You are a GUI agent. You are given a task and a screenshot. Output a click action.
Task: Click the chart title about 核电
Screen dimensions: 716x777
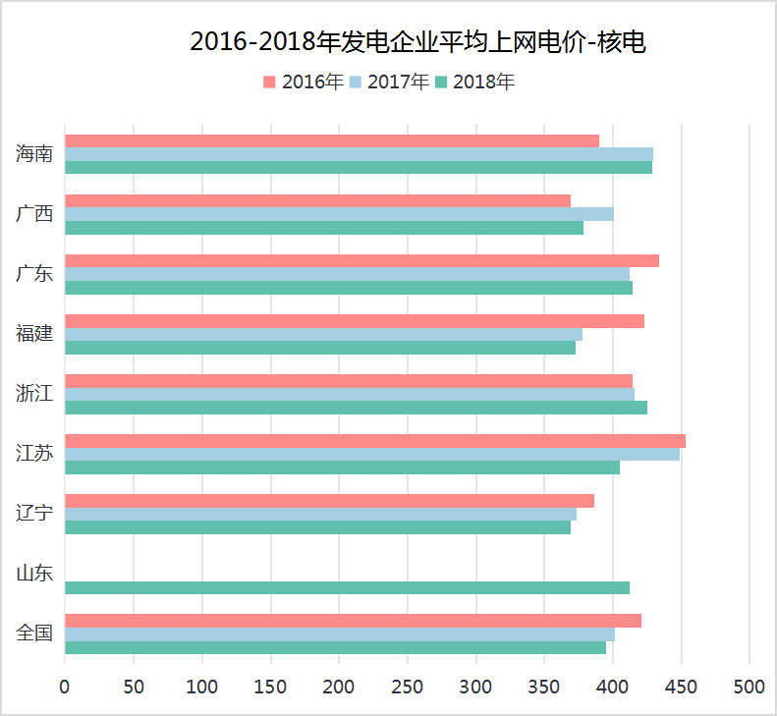(x=417, y=41)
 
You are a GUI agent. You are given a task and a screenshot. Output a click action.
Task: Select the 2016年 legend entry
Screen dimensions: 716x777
(x=305, y=83)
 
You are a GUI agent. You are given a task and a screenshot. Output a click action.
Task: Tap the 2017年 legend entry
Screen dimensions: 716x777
(x=390, y=83)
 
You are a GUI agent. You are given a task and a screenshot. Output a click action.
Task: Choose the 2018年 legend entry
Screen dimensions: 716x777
(x=475, y=83)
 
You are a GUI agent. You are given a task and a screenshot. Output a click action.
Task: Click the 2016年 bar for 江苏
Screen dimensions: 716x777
(x=374, y=441)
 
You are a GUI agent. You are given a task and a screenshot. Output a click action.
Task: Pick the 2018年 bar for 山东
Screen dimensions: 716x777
(x=347, y=587)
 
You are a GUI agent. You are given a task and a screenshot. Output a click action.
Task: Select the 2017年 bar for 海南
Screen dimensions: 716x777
(x=359, y=154)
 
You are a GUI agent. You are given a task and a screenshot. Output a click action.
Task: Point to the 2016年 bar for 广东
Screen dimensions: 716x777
(x=361, y=261)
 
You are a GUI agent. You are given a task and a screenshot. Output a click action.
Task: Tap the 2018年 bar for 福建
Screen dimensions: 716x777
(x=319, y=348)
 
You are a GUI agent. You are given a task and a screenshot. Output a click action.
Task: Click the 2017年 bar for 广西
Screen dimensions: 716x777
(x=339, y=214)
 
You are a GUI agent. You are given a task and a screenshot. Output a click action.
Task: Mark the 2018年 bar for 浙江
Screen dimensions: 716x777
(x=356, y=408)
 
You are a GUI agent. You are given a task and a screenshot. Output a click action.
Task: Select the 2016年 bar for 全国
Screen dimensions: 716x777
(x=353, y=621)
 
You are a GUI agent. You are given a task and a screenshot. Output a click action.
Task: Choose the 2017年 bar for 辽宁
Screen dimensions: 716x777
(x=320, y=514)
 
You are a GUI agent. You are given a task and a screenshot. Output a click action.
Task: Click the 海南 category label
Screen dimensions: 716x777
(x=34, y=154)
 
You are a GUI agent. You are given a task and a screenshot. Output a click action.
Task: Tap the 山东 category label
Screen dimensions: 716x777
(x=34, y=574)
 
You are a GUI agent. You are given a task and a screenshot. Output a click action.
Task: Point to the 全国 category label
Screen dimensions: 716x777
(x=34, y=633)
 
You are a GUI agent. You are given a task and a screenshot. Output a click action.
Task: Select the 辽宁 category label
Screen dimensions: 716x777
(x=34, y=514)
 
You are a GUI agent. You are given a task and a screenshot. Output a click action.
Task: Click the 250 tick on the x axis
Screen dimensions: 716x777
(x=339, y=687)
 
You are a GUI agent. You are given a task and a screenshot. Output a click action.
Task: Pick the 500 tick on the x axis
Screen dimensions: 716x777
(x=749, y=687)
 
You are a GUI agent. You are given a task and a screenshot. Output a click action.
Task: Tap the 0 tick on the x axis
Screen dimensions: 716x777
(x=65, y=687)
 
